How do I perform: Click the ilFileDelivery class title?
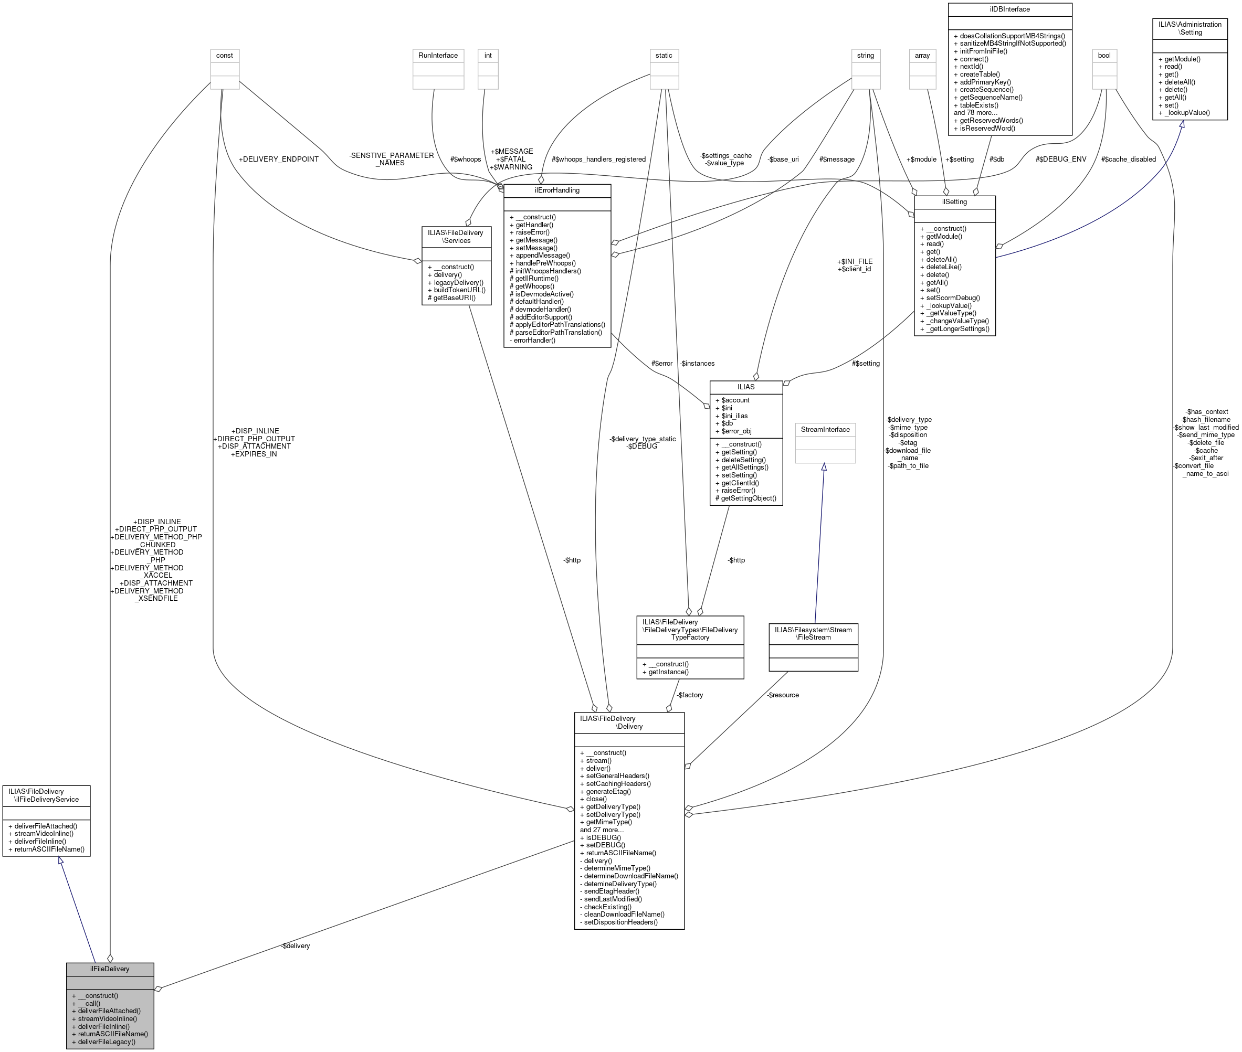(110, 969)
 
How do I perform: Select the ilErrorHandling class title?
(556, 190)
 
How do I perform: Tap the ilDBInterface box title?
(1009, 9)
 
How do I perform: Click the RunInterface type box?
(438, 56)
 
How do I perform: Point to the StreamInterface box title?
(825, 429)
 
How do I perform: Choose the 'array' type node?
(922, 56)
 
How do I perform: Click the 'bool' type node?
(1104, 56)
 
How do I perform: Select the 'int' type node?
(488, 56)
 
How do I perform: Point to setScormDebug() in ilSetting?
(953, 297)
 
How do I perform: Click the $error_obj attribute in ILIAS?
(736, 431)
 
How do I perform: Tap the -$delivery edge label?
(296, 946)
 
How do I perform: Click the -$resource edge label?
(783, 695)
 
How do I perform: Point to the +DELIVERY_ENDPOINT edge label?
(279, 159)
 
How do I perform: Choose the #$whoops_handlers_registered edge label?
(598, 159)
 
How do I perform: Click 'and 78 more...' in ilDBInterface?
(975, 113)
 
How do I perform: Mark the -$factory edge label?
(690, 695)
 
